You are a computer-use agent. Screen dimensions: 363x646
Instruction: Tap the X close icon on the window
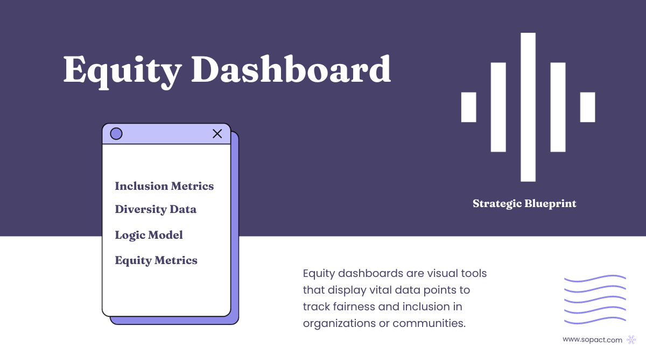[x=217, y=134]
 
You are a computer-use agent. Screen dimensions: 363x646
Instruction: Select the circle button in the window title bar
[x=116, y=134]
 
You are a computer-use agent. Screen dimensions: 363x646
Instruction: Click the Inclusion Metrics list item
[x=164, y=186]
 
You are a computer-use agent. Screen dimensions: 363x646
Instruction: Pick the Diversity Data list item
[x=156, y=209]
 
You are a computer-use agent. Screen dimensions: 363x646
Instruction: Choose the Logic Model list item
[x=149, y=235]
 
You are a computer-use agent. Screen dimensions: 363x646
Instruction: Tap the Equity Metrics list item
[x=156, y=260]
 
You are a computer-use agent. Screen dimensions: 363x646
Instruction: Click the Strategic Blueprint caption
[x=524, y=204]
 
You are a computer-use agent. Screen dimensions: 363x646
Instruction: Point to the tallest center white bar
[x=528, y=107]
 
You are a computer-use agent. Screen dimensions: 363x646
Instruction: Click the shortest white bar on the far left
[x=469, y=107]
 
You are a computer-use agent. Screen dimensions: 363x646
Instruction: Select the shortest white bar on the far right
[x=587, y=107]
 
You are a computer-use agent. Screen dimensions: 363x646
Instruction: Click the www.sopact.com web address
[x=592, y=339]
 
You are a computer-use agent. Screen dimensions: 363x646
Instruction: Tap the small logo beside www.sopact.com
[x=631, y=339]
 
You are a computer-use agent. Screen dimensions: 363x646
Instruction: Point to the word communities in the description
[x=429, y=323]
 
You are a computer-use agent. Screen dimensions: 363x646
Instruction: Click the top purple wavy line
[x=595, y=279]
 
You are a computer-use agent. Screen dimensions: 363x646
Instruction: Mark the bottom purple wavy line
[x=595, y=322]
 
